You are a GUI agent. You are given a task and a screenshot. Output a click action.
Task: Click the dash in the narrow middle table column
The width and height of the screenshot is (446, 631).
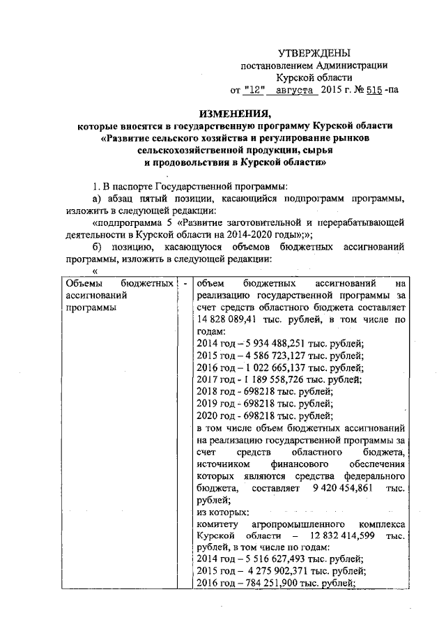click(x=185, y=284)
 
